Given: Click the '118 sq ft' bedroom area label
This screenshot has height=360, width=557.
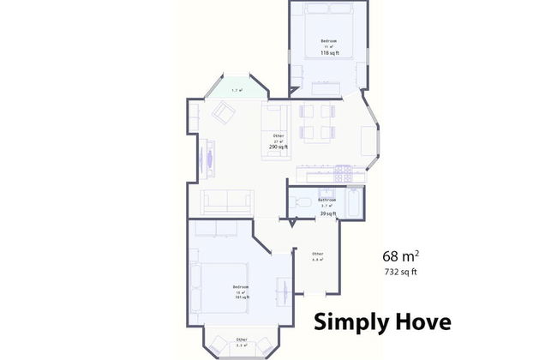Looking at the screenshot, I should coord(329,53).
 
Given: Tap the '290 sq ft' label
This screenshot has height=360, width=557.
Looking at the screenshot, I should coord(278,147).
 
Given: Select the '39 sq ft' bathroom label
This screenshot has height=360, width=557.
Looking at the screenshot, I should coord(326,213).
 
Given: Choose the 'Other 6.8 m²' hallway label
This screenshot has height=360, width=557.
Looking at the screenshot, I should coord(317,256).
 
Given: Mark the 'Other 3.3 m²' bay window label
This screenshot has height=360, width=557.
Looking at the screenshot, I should coord(243,343).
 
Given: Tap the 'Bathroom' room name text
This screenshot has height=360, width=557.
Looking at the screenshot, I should coord(326,200).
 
